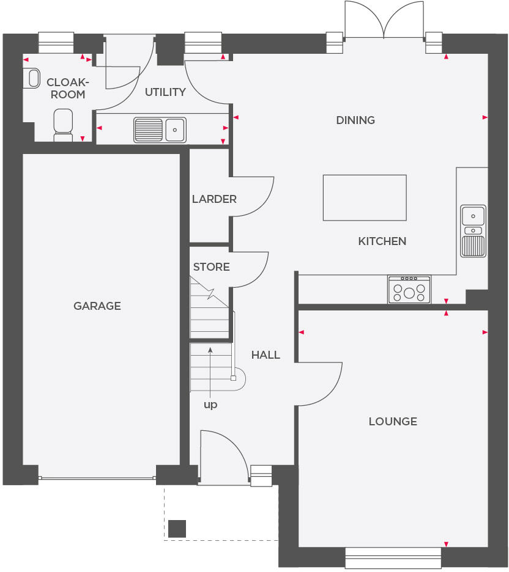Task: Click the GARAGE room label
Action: (x=97, y=306)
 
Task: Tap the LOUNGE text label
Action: (x=393, y=421)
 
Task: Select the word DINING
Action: (x=355, y=120)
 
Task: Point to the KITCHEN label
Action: (x=382, y=241)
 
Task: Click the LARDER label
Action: (x=214, y=199)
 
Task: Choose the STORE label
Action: (x=212, y=267)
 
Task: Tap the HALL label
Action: (x=266, y=355)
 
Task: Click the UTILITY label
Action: (x=165, y=92)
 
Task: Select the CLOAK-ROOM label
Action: (x=67, y=88)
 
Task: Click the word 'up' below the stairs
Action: (x=210, y=405)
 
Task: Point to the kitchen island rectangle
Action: (x=365, y=197)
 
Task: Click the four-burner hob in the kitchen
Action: (x=409, y=289)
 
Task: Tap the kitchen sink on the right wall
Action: (x=474, y=230)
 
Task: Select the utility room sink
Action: (x=160, y=130)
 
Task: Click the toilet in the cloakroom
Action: (x=63, y=125)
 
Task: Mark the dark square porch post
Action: (x=177, y=528)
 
